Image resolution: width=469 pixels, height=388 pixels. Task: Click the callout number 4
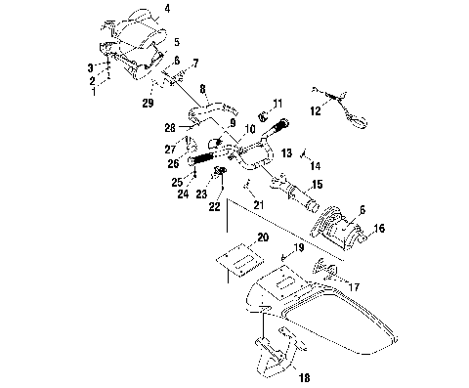pos(166,9)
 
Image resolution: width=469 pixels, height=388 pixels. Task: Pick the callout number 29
pos(149,103)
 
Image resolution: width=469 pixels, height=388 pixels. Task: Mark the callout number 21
pos(259,202)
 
